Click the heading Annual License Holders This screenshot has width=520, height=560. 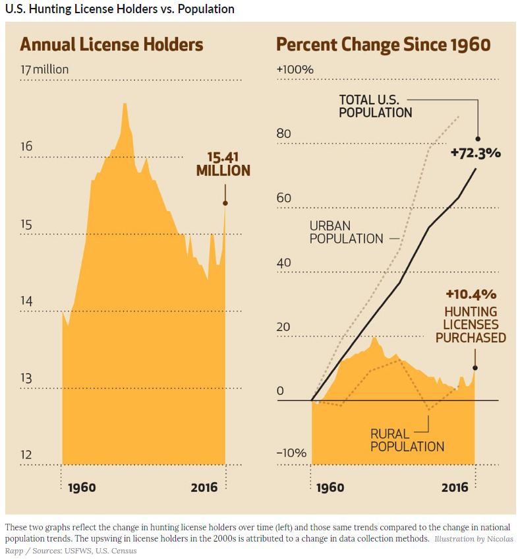click(x=111, y=45)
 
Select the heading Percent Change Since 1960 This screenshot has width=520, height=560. click(x=384, y=45)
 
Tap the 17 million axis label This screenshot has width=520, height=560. click(x=44, y=70)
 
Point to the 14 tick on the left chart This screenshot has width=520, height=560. click(x=26, y=301)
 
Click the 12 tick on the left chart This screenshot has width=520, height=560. click(x=26, y=454)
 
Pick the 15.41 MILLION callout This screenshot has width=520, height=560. click(x=223, y=164)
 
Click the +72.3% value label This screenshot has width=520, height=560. click(x=475, y=153)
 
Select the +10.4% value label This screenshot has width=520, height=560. click(x=471, y=294)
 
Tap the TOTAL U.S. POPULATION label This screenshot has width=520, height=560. click(x=375, y=106)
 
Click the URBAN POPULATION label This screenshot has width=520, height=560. click(x=346, y=232)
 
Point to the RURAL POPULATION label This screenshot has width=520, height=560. click(x=407, y=441)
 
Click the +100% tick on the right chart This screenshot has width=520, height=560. click(x=295, y=70)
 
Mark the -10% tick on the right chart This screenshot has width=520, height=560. click(x=291, y=453)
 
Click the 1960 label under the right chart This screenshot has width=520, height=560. click(x=330, y=488)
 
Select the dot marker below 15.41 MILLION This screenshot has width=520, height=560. click(x=225, y=203)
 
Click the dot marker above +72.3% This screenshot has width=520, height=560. click(x=478, y=139)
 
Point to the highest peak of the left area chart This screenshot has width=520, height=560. click(x=124, y=104)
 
